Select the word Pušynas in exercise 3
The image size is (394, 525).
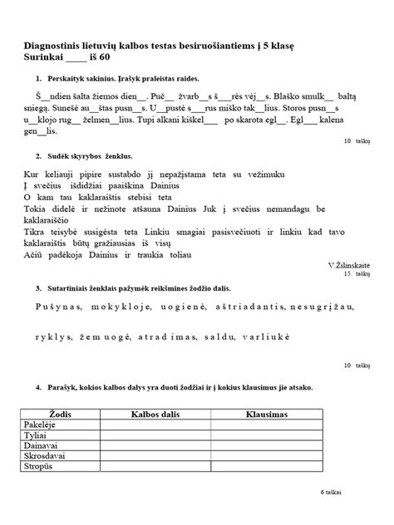(59, 307)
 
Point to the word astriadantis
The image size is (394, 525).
(241, 307)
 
